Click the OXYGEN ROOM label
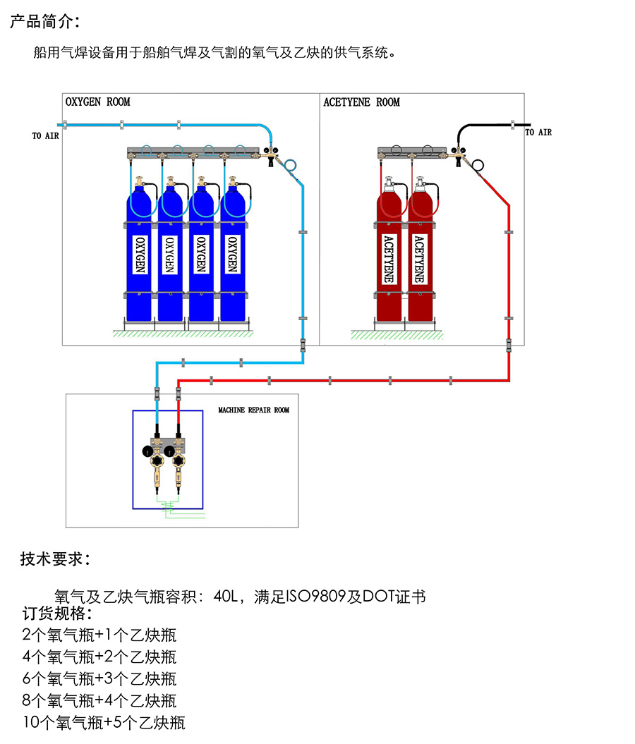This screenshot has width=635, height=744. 98,102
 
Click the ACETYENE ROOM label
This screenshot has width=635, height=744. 361,102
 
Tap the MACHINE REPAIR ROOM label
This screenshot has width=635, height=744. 253,410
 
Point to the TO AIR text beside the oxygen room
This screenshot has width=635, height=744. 45,136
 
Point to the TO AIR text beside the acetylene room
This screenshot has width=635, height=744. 538,133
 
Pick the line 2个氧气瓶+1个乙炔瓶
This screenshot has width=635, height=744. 99,635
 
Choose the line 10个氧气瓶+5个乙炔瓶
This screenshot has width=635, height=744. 104,723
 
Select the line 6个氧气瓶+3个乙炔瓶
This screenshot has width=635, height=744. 99,679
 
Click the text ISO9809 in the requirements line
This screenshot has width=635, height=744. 315,597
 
